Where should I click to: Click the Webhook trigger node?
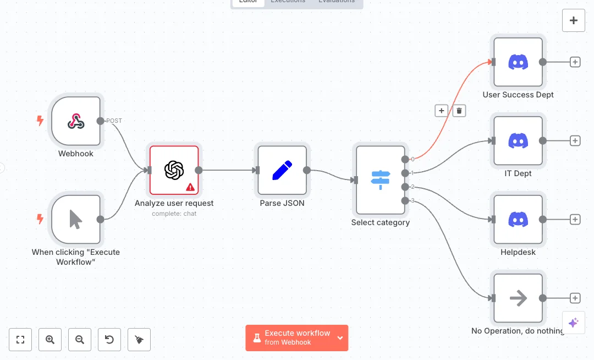tap(76, 121)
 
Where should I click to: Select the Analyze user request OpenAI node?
tap(174, 170)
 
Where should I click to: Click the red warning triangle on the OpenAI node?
tap(190, 187)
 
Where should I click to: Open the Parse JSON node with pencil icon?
tap(282, 170)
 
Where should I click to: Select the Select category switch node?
tap(380, 179)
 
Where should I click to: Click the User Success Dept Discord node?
tap(518, 62)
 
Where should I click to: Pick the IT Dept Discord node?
tap(518, 141)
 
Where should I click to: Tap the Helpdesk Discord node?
tap(518, 219)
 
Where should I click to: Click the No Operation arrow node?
tap(518, 298)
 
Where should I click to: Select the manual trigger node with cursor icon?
tap(76, 219)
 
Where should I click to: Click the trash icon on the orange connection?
tap(459, 111)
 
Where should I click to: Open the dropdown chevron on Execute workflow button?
tap(340, 337)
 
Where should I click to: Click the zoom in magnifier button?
tap(50, 340)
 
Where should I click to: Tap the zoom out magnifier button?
tap(80, 340)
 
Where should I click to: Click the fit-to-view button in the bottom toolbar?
tap(20, 340)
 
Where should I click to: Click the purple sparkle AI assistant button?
tap(573, 323)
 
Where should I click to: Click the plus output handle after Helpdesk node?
tap(575, 219)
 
